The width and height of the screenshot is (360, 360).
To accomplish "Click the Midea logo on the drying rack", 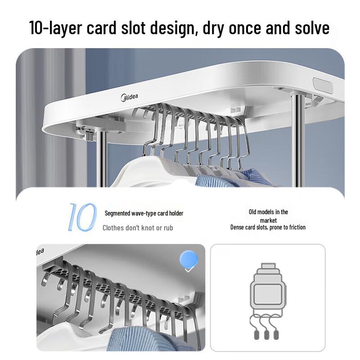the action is pos(129,97).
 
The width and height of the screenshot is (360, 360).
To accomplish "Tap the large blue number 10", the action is pos(82,217).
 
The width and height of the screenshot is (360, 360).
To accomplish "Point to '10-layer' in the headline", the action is pos(55,28).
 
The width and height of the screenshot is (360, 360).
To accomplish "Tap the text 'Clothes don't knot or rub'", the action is pos(138,228).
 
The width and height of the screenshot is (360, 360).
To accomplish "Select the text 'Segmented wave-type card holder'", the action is pos(144,213).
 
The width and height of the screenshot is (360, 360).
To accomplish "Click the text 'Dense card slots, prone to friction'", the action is pos(268,227).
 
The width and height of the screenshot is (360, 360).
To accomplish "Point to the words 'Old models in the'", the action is pos(268,212).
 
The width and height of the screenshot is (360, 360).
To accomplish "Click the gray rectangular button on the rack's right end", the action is pos(323,85).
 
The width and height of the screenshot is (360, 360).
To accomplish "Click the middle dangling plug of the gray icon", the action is pos(266,335).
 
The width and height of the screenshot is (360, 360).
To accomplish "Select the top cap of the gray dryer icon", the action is pos(268,266).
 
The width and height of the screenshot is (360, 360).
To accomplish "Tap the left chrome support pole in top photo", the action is pos(101,159).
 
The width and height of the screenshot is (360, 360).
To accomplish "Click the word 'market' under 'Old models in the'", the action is pos(268,220).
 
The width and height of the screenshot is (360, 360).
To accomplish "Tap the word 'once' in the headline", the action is pos(245,28).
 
